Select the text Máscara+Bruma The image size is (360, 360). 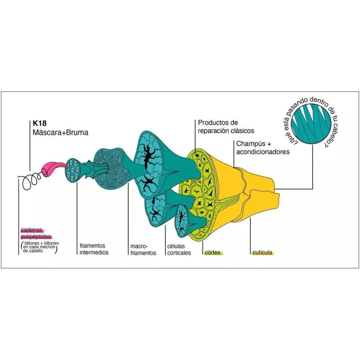click(x=60, y=133)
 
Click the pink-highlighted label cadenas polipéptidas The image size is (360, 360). click(x=36, y=233)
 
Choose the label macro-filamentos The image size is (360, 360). click(x=143, y=250)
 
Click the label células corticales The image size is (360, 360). click(x=179, y=250)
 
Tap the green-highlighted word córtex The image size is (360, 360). click(x=213, y=253)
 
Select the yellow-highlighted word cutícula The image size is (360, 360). click(x=263, y=253)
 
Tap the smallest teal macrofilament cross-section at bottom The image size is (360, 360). click(x=182, y=220)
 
